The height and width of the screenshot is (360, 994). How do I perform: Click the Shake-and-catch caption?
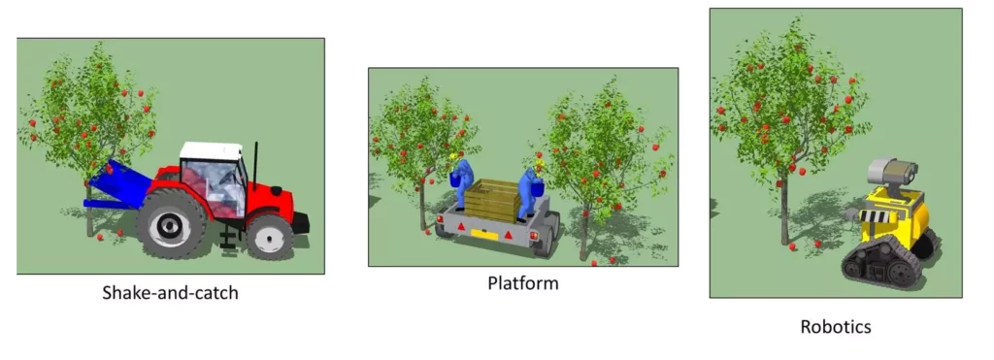pyautogui.click(x=170, y=292)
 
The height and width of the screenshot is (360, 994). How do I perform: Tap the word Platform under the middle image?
pyautogui.click(x=523, y=283)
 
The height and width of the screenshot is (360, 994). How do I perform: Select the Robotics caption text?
pyautogui.click(x=836, y=327)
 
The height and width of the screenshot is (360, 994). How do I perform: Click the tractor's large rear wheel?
pyautogui.click(x=171, y=223)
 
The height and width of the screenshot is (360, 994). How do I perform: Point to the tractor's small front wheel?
pyautogui.click(x=269, y=236)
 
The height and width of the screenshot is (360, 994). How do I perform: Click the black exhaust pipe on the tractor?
pyautogui.click(x=256, y=166)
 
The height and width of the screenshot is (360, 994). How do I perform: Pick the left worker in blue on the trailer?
pyautogui.click(x=463, y=182)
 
